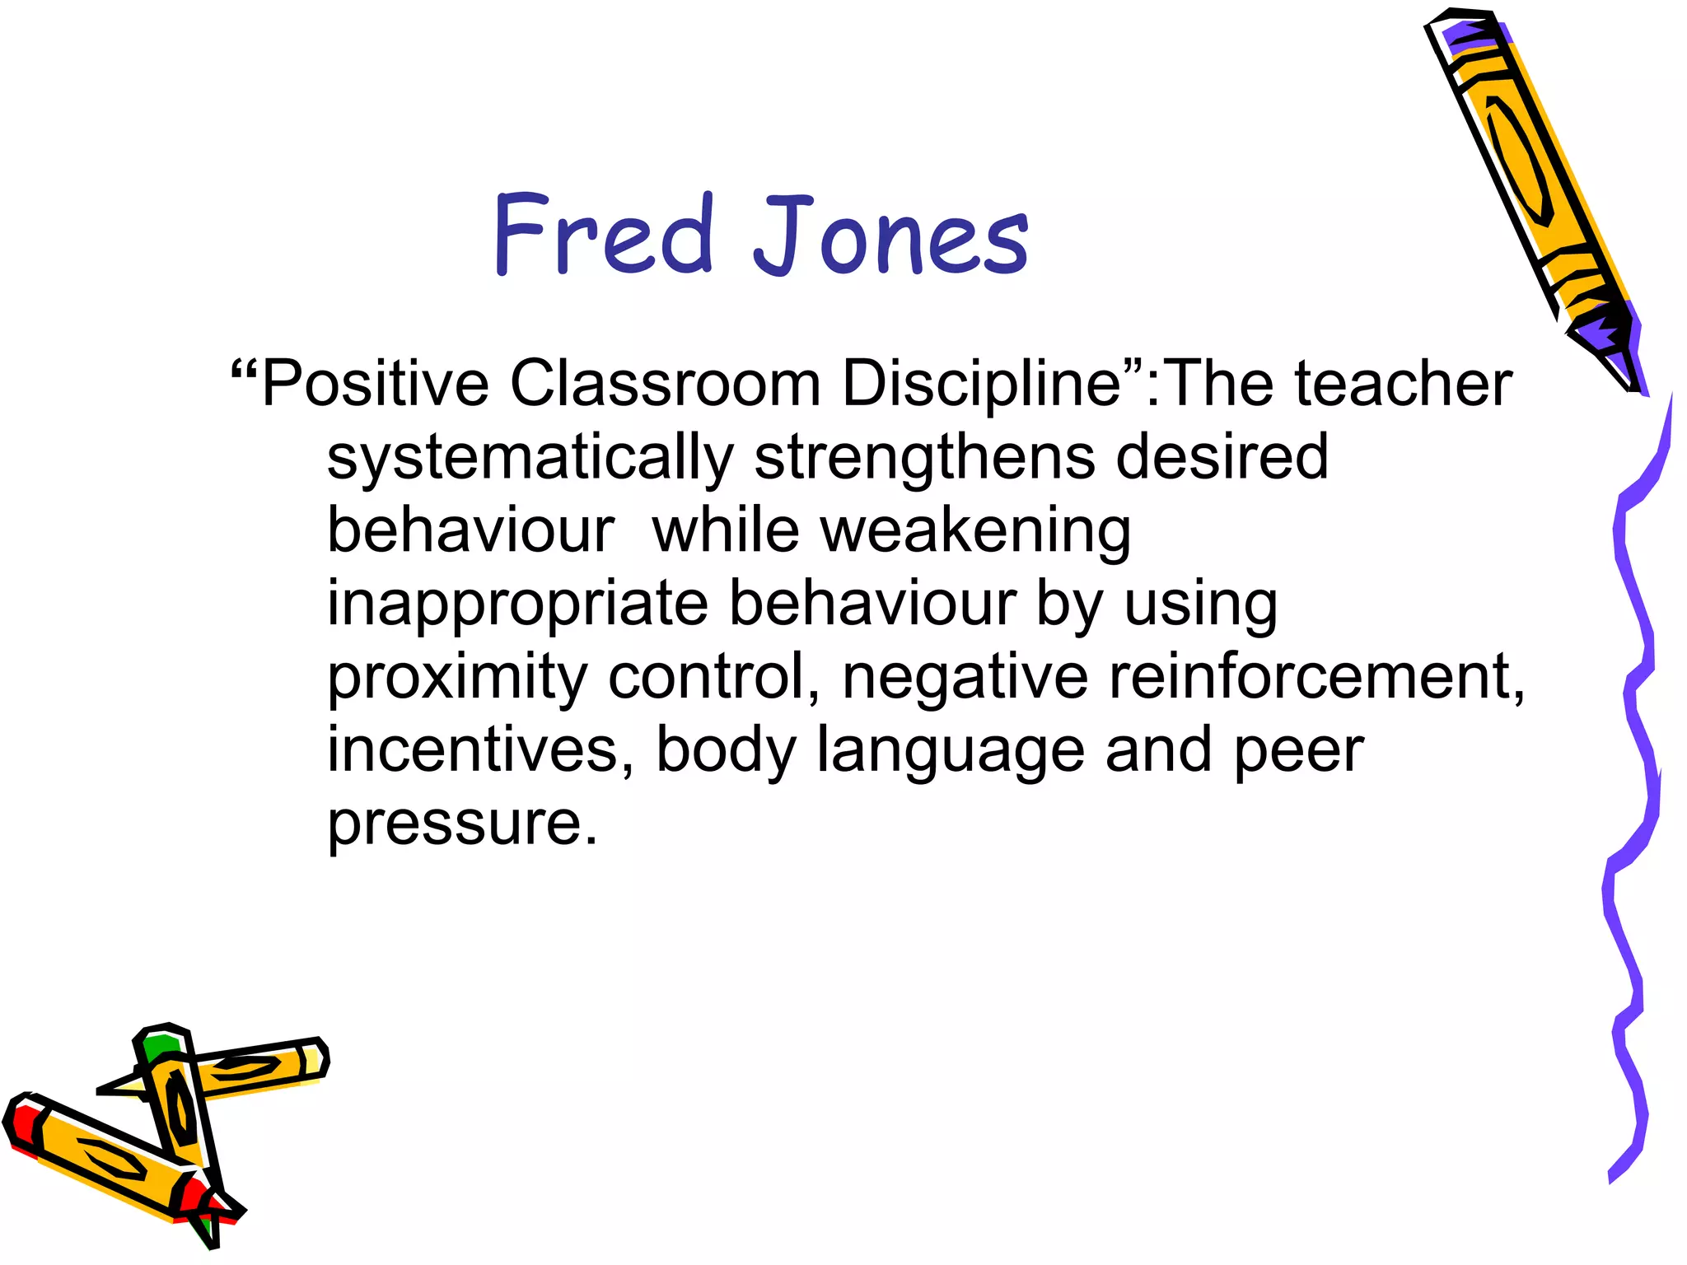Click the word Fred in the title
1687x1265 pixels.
coord(601,234)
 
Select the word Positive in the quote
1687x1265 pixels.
coord(376,384)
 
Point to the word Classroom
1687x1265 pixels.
coord(666,384)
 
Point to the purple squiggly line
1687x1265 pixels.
coord(1635,782)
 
